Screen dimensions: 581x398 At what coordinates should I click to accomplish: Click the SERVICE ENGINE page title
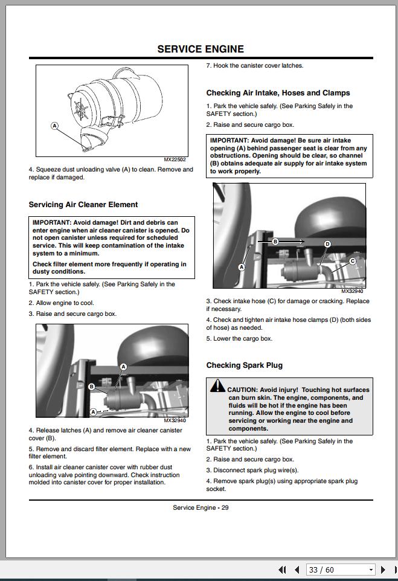click(201, 49)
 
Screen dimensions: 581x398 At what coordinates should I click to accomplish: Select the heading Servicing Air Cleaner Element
click(83, 205)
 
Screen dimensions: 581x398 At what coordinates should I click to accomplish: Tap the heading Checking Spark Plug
click(244, 365)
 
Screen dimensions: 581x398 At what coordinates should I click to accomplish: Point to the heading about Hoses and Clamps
click(278, 93)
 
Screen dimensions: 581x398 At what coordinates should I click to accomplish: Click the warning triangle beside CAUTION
click(218, 386)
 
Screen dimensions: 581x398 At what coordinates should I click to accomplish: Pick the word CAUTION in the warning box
click(243, 390)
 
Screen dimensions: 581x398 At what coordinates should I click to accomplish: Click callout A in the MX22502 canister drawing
click(54, 126)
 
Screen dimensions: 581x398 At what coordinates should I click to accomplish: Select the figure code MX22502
click(175, 160)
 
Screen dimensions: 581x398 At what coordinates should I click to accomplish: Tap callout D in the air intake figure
click(327, 244)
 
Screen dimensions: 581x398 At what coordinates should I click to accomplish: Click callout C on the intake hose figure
click(352, 262)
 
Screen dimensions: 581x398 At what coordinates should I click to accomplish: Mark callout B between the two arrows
click(275, 242)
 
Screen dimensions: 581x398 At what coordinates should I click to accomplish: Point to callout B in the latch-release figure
click(91, 387)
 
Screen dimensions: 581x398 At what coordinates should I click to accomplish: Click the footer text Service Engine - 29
click(201, 507)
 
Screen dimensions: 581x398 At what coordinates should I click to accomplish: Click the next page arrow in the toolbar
click(383, 570)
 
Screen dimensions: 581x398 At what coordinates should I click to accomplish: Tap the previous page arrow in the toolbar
click(297, 570)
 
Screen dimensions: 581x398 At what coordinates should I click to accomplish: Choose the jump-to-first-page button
click(282, 570)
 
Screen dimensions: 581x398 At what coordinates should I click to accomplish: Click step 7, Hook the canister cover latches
click(254, 65)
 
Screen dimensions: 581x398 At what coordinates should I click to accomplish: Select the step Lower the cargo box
click(239, 338)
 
